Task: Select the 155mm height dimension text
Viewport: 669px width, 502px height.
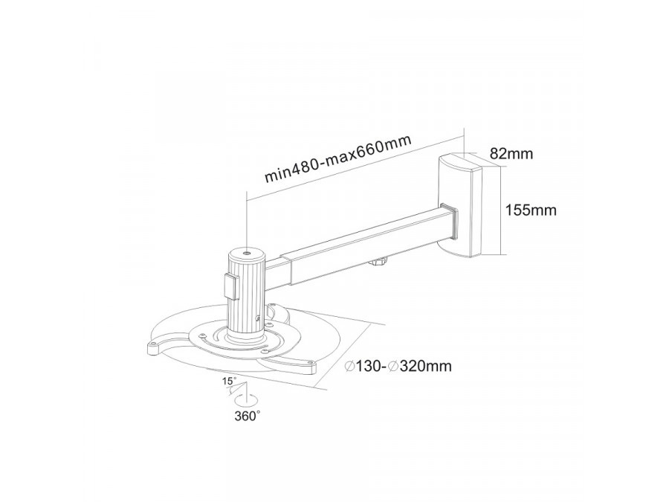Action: (x=531, y=210)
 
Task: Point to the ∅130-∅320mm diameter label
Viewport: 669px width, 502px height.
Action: (x=399, y=366)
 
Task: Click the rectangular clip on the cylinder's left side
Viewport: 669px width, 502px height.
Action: (x=229, y=286)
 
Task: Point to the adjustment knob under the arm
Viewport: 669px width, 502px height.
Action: (x=380, y=261)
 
